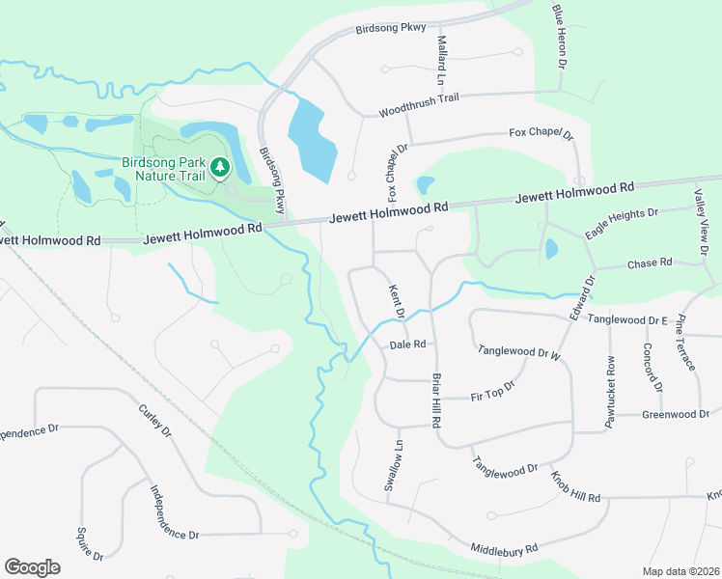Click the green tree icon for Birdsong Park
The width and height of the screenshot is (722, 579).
pos(221,168)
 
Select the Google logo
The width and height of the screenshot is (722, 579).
pos(32,566)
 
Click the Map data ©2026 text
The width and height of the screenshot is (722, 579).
pos(680,571)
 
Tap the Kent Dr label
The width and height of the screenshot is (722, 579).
pos(395,297)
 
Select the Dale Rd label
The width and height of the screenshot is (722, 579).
pos(407,345)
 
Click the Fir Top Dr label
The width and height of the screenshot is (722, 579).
pos(493,392)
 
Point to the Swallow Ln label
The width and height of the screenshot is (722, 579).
pos(394,466)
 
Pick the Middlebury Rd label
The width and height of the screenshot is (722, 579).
pos(504,549)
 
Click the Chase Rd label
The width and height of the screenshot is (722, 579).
pos(649,262)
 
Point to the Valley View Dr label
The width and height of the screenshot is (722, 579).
pos(700,224)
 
